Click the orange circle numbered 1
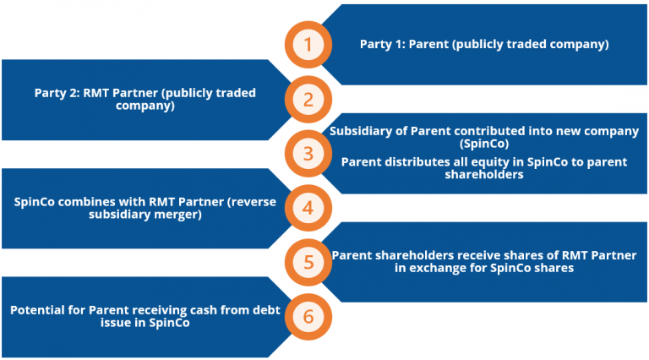pos(308,45)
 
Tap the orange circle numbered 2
pos(308,99)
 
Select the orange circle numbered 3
pos(308,154)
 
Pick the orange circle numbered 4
pos(308,208)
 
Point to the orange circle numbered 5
pos(308,262)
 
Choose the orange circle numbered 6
pos(308,316)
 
